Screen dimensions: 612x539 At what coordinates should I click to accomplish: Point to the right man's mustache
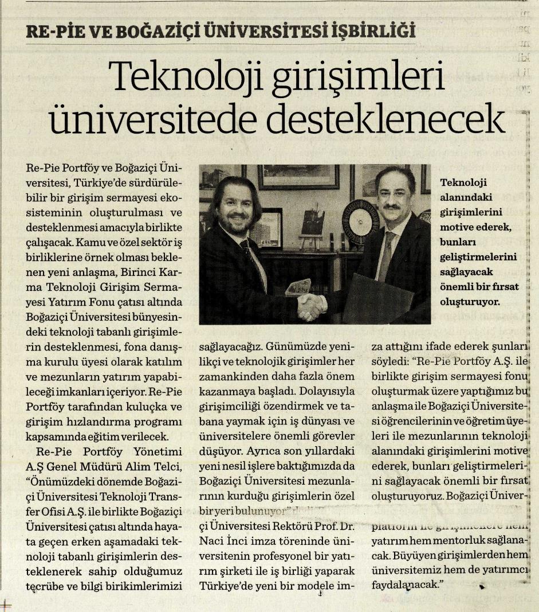[x=391, y=206]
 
